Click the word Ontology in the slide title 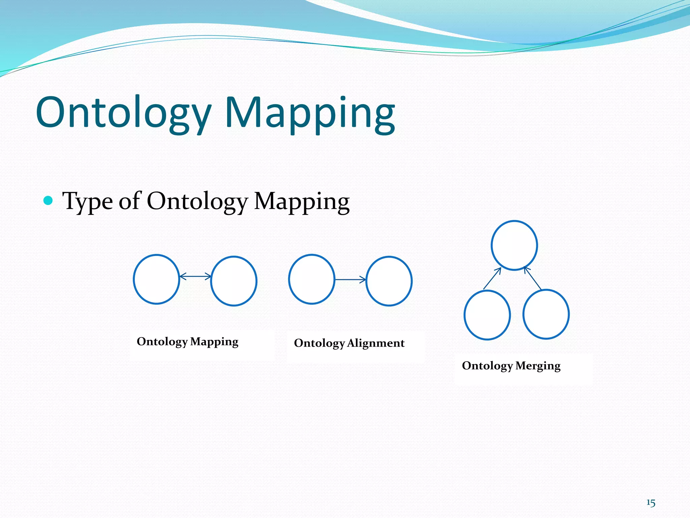pyautogui.click(x=123, y=113)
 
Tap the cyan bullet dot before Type pyautogui.click(x=49, y=201)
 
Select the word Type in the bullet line pyautogui.click(x=87, y=201)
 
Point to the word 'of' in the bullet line pyautogui.click(x=129, y=201)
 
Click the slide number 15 pyautogui.click(x=651, y=503)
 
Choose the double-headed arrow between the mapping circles pyautogui.click(x=195, y=277)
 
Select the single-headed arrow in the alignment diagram pyautogui.click(x=350, y=280)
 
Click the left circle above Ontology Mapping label pyautogui.click(x=156, y=279)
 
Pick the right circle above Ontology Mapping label pyautogui.click(x=234, y=281)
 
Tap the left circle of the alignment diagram pyautogui.click(x=312, y=279)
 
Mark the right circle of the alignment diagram pyautogui.click(x=389, y=281)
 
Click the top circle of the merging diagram pyautogui.click(x=514, y=245)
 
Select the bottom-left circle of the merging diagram pyautogui.click(x=487, y=315)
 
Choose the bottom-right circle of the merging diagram pyautogui.click(x=546, y=314)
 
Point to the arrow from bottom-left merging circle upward pyautogui.click(x=492, y=278)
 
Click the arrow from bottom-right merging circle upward pyautogui.click(x=533, y=278)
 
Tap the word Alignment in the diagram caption pyautogui.click(x=376, y=343)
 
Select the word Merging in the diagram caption pyautogui.click(x=538, y=366)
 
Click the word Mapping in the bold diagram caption pyautogui.click(x=214, y=342)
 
